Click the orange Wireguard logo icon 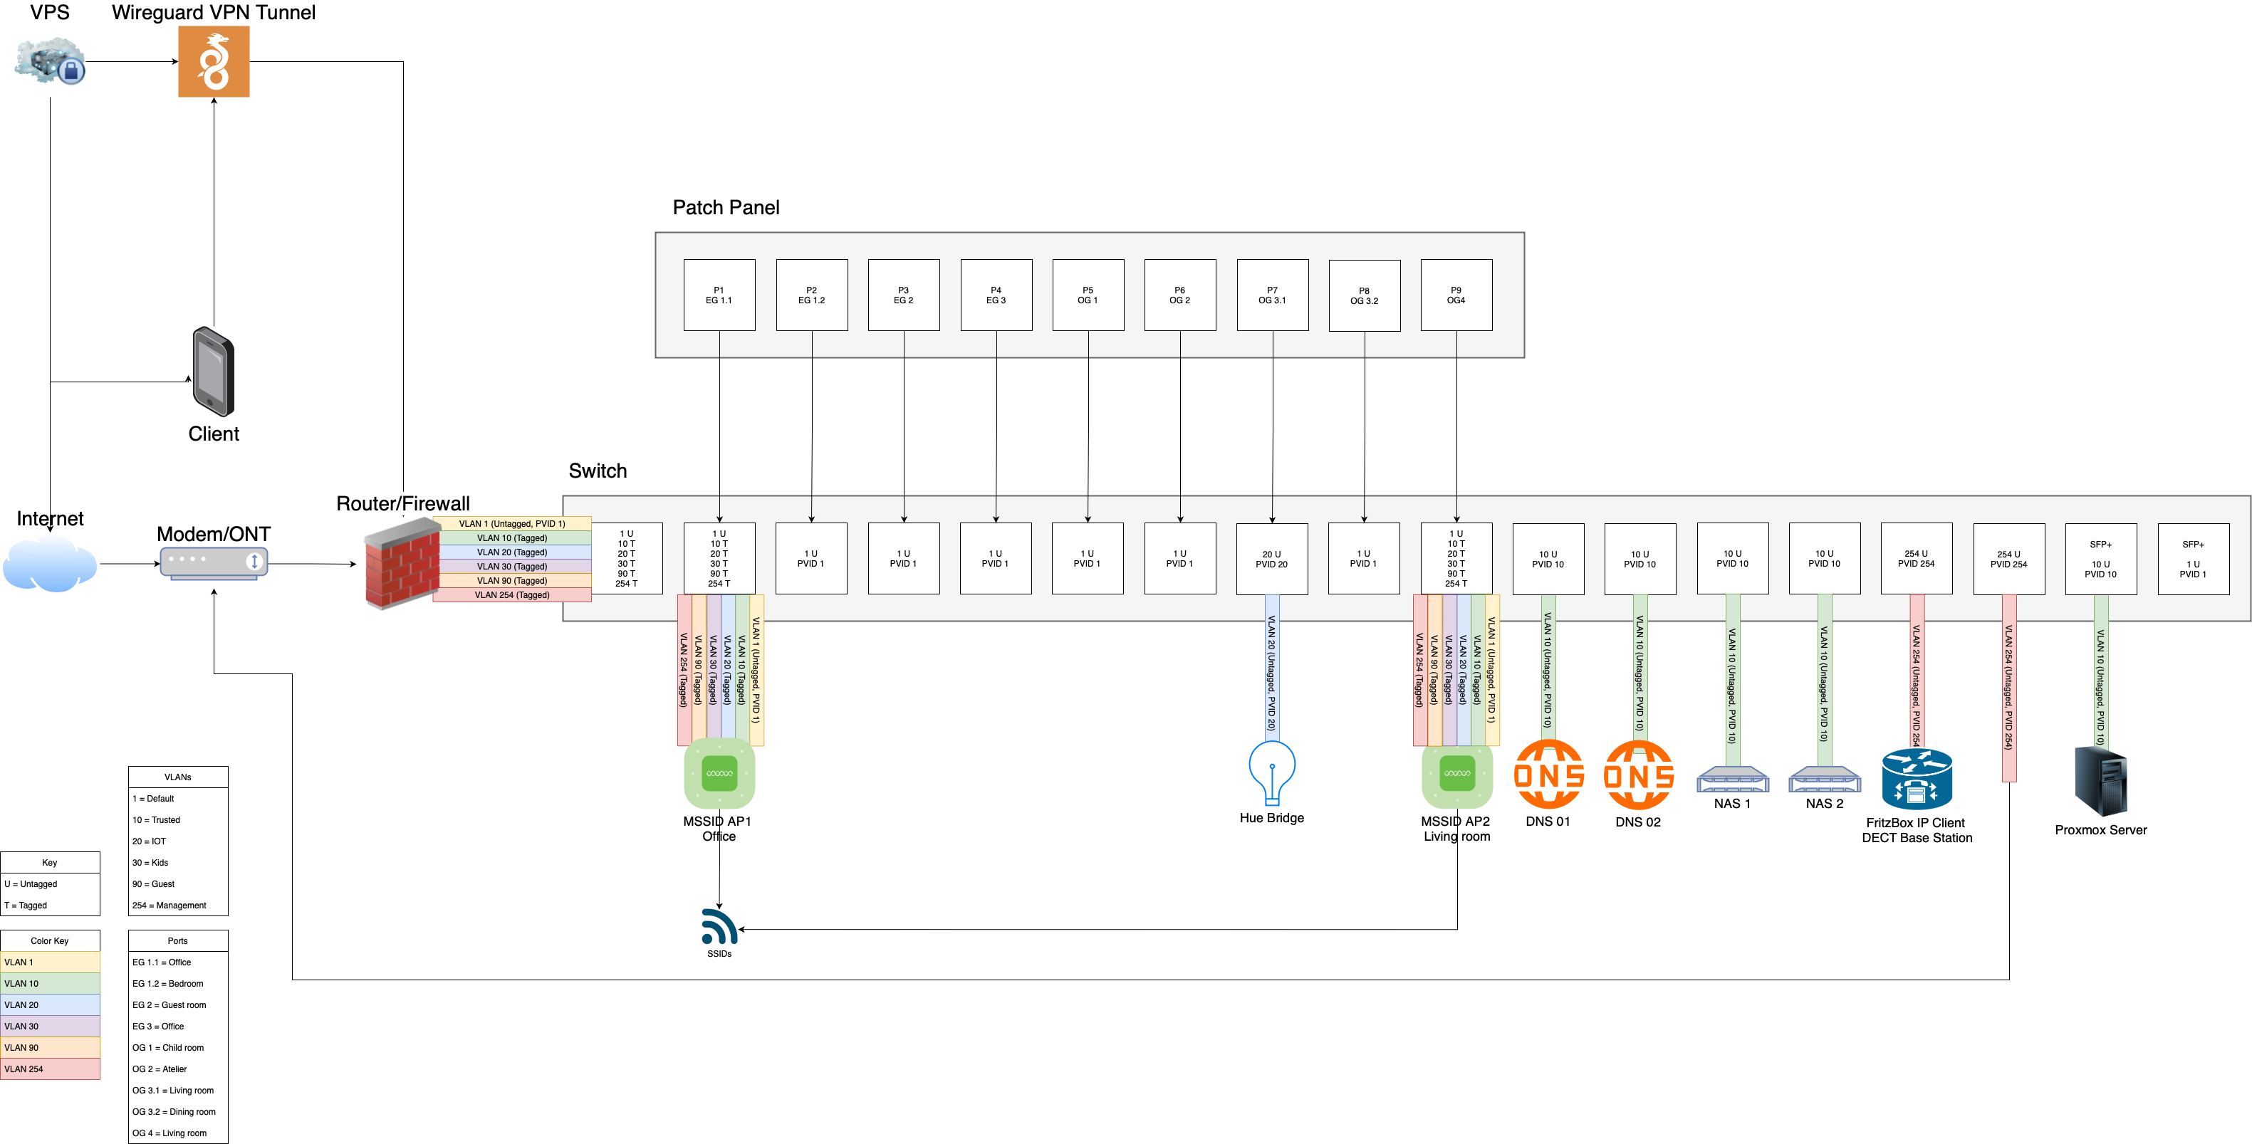point(214,61)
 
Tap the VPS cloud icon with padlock point(50,61)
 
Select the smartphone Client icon point(214,372)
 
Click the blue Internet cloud point(50,564)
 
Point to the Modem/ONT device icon point(214,562)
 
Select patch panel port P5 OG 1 point(1088,295)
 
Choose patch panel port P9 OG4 point(1456,295)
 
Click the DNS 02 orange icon point(1638,775)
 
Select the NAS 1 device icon point(1732,779)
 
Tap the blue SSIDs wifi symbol point(719,928)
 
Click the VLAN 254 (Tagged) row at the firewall point(512,595)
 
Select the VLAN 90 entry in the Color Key point(50,1047)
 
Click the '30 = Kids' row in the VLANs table point(177,863)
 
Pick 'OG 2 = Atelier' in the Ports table point(177,1069)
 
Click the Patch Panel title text point(726,208)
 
